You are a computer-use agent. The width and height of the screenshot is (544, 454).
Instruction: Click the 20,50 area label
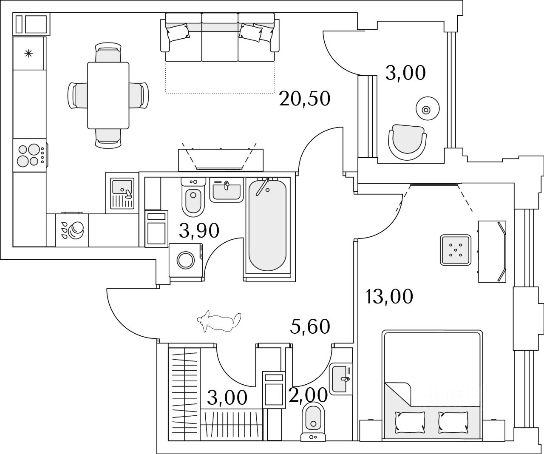[304, 99]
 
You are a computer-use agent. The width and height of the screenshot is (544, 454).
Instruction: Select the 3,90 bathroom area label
[199, 230]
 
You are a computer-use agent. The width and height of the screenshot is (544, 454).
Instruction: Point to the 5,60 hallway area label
[310, 326]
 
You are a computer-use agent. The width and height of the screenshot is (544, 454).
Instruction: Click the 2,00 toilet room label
[308, 395]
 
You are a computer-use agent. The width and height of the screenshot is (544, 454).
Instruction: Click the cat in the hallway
[219, 322]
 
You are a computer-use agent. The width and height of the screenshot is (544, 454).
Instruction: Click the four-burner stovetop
[29, 155]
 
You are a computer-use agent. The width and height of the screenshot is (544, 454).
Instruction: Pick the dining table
[108, 95]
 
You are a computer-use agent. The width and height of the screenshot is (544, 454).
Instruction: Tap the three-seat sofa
[220, 37]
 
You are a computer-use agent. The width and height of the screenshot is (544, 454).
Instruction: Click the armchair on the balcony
[407, 142]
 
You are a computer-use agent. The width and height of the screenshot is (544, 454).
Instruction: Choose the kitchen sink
[122, 193]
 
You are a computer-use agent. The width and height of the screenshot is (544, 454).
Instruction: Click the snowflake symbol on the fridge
[28, 54]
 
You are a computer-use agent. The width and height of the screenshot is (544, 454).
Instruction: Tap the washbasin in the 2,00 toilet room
[341, 378]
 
